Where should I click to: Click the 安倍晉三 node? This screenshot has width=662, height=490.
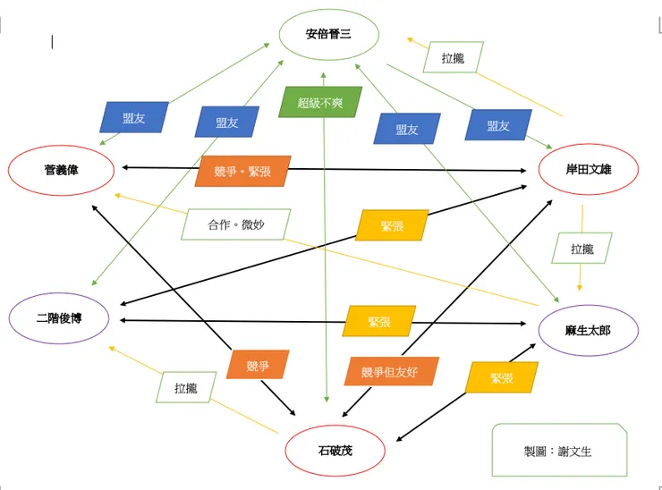tap(328, 36)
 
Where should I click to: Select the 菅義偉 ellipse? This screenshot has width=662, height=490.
tap(61, 169)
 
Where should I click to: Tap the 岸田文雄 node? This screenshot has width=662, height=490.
tap(589, 169)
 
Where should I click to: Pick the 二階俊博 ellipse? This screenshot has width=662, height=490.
tap(60, 317)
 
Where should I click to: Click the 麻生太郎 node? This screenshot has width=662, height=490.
tap(588, 330)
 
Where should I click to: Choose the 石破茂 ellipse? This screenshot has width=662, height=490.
tap(335, 451)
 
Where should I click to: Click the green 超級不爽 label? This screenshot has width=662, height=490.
tap(320, 102)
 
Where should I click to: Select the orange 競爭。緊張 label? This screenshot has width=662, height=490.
tap(242, 171)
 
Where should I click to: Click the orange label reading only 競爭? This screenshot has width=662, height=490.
tap(258, 365)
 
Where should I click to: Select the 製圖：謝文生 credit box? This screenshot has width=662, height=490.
tap(558, 451)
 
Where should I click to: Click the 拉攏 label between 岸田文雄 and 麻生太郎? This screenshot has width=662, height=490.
tap(581, 249)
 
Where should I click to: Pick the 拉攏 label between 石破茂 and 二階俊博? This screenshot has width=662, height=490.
tap(186, 388)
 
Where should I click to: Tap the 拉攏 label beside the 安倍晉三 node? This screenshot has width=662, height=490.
tap(454, 58)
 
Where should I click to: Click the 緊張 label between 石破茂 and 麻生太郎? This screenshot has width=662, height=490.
tap(502, 377)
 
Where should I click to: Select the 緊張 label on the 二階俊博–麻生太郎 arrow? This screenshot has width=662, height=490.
tap(379, 321)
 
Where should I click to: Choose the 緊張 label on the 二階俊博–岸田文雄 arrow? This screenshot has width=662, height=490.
tap(392, 225)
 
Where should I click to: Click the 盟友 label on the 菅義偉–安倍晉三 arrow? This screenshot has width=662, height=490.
tap(134, 118)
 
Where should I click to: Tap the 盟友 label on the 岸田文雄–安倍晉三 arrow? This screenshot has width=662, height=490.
tap(498, 125)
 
